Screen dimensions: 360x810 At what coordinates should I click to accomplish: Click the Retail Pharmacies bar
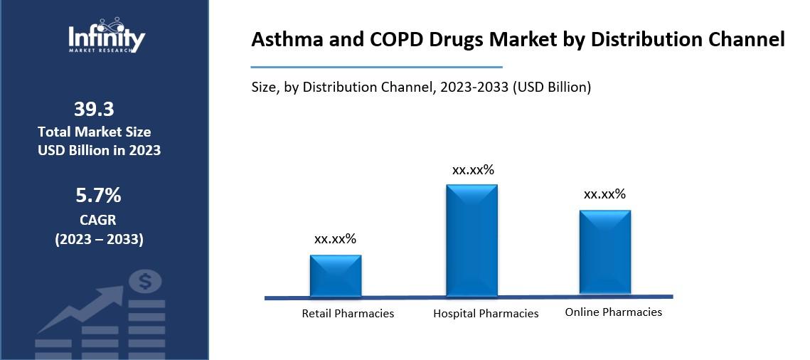tap(336, 275)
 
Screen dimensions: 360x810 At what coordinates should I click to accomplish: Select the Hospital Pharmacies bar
tap(471, 240)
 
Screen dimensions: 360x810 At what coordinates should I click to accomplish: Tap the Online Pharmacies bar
tap(604, 251)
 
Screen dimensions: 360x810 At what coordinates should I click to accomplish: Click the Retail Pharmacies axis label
tap(348, 313)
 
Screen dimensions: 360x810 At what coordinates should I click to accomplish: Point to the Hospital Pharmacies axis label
tap(486, 313)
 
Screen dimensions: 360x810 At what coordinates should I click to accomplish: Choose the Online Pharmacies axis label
tap(613, 312)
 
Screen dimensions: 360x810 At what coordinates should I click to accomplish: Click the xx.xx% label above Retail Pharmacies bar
tap(335, 239)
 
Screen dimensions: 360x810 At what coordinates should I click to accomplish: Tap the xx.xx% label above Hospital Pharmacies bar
tap(473, 170)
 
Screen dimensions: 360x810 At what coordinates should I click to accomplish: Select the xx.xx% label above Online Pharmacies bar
tap(604, 194)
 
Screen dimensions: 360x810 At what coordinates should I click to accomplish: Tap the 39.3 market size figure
tap(94, 109)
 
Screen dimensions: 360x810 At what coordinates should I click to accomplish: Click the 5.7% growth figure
tap(98, 195)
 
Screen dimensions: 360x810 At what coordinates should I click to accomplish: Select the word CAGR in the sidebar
tap(98, 220)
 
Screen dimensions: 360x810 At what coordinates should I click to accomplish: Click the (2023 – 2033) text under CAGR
tap(99, 239)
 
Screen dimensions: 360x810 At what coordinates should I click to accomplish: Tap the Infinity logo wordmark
tap(107, 38)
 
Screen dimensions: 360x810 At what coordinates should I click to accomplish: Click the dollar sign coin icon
tap(145, 282)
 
